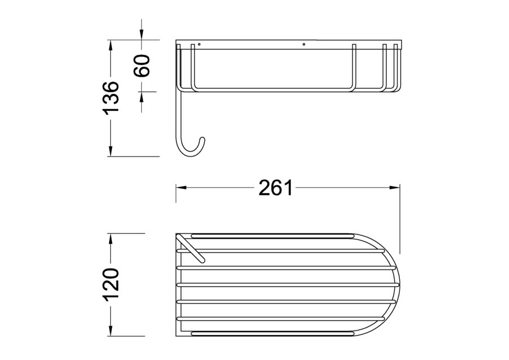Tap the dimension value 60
(x=142, y=66)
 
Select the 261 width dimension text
(x=275, y=188)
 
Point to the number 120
(x=111, y=284)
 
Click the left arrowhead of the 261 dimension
(x=181, y=188)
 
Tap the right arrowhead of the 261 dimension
(x=394, y=188)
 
